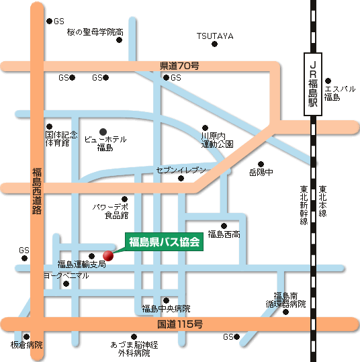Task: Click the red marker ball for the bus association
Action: (x=108, y=256)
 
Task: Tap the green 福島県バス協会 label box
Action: (x=164, y=242)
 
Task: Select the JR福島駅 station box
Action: (x=313, y=84)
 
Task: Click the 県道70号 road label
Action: (x=179, y=66)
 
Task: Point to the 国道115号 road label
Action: (x=180, y=324)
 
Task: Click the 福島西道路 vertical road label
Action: (x=37, y=191)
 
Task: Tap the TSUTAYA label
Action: (x=215, y=36)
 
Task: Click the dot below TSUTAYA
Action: (x=214, y=44)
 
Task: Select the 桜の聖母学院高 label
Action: (x=95, y=32)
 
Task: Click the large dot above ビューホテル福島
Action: (x=103, y=132)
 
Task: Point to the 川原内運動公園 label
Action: (x=217, y=140)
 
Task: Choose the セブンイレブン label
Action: (x=181, y=170)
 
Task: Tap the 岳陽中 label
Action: (x=261, y=172)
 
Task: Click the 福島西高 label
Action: (x=224, y=234)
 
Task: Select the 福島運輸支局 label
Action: (x=81, y=264)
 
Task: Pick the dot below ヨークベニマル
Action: (x=66, y=283)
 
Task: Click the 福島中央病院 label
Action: (x=166, y=309)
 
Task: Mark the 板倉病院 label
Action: (x=27, y=345)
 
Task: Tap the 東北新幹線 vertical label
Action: (x=304, y=206)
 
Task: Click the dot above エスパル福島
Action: (x=328, y=81)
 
